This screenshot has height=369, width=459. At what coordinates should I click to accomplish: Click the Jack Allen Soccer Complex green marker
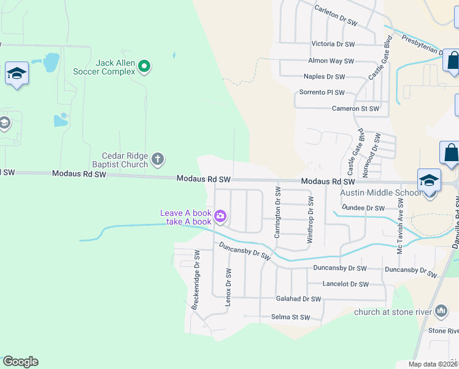coord(144,66)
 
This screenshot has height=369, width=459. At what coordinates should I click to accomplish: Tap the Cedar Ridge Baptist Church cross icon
coord(158,160)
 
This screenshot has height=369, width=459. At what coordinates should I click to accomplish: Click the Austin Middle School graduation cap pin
coord(429,180)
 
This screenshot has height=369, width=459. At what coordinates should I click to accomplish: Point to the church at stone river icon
coord(441,312)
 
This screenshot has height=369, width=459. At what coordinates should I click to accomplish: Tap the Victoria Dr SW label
coord(333,44)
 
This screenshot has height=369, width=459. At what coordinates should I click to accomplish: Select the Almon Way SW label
coord(331,61)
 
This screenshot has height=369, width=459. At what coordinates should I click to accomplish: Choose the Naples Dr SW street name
coord(324,77)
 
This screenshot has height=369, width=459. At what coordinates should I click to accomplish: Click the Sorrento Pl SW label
coord(322,92)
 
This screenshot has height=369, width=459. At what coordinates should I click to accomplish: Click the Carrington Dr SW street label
coord(277,212)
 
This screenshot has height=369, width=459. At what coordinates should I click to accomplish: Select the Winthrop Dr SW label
coord(311,219)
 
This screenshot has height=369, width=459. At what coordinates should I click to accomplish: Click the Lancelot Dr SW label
coord(345,284)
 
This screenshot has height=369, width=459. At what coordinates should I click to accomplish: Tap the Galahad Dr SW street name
coord(298,299)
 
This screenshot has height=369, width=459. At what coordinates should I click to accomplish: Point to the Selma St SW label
coord(291,317)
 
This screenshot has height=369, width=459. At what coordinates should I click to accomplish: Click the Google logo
coord(20,362)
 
